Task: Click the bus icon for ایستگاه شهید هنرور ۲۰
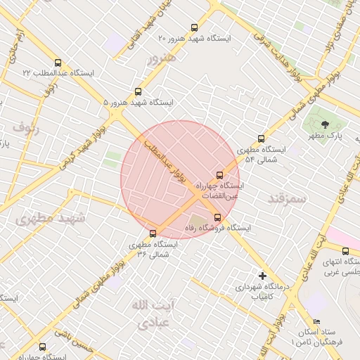tap(194, 27)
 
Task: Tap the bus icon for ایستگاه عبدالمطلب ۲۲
tap(57, 62)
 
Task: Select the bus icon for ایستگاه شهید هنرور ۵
tap(138, 91)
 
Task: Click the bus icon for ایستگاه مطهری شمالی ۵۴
tap(261, 139)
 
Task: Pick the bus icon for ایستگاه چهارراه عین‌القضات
tap(219, 175)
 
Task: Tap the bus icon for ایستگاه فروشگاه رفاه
tap(217, 217)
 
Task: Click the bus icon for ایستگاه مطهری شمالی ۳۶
tap(153, 233)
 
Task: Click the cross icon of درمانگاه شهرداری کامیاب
tap(262, 276)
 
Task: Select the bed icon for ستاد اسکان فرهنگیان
tap(316, 321)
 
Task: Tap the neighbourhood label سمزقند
tap(288, 199)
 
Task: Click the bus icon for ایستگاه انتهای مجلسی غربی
tap(345, 251)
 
